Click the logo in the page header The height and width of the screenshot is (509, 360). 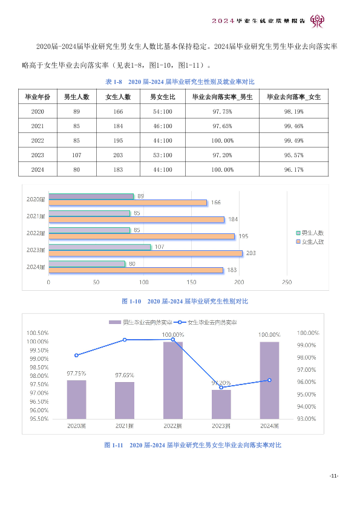317,21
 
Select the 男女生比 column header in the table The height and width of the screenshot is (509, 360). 163,97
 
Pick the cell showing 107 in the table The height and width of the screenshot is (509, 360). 77,155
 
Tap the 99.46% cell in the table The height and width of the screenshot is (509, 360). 293,126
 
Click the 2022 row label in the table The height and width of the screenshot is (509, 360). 38,141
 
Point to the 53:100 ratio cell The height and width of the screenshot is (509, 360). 163,155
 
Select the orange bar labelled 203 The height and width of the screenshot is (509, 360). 146,253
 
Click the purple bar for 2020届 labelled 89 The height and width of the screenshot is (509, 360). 91,196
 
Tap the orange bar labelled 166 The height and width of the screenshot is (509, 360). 128,203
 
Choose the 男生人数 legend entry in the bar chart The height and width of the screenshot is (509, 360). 310,233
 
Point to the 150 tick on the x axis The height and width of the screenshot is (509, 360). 191,282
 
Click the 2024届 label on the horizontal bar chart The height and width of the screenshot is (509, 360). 36,267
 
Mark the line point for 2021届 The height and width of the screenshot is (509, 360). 125,340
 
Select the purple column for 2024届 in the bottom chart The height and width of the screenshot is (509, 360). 269,380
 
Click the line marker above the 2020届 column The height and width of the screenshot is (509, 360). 76,355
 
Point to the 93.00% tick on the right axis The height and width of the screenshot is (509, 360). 306,419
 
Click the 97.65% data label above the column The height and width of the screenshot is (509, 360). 125,375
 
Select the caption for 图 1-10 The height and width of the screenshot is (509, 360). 185,301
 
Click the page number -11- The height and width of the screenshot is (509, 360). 334,476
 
